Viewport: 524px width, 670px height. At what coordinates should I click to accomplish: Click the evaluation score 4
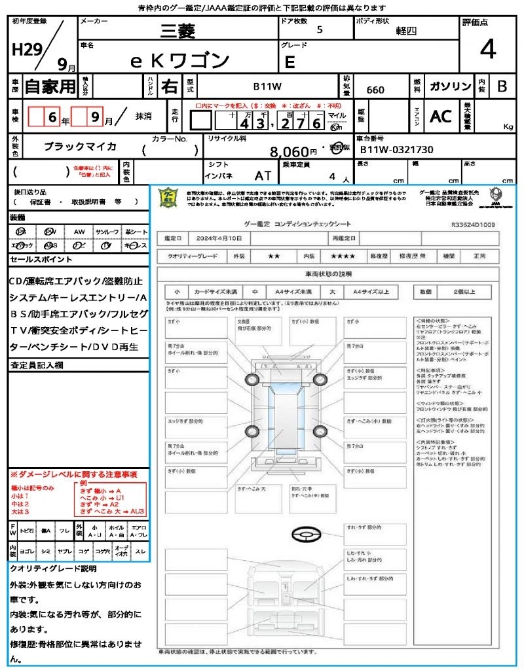(x=487, y=50)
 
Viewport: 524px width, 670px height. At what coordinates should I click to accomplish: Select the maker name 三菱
(x=179, y=30)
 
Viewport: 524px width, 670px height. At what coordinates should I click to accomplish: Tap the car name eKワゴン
(x=180, y=61)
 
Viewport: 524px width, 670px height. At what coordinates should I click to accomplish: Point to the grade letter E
(x=290, y=63)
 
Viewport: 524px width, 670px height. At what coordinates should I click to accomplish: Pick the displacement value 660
(x=375, y=90)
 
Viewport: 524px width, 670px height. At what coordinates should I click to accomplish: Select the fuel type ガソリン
(x=450, y=86)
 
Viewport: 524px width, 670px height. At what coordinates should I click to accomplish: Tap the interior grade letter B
(x=502, y=86)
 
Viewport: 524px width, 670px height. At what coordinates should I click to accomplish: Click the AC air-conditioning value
(x=441, y=116)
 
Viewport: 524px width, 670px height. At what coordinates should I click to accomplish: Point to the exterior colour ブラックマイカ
(x=80, y=147)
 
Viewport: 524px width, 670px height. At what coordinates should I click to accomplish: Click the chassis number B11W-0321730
(x=397, y=150)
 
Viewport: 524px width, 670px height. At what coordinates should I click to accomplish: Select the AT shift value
(x=263, y=175)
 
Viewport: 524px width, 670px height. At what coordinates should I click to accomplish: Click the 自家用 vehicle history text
(x=50, y=86)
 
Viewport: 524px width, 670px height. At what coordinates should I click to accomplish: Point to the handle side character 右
(x=170, y=86)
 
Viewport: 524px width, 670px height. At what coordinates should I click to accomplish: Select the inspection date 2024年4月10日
(x=221, y=238)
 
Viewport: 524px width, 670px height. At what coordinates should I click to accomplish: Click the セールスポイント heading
(x=33, y=260)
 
